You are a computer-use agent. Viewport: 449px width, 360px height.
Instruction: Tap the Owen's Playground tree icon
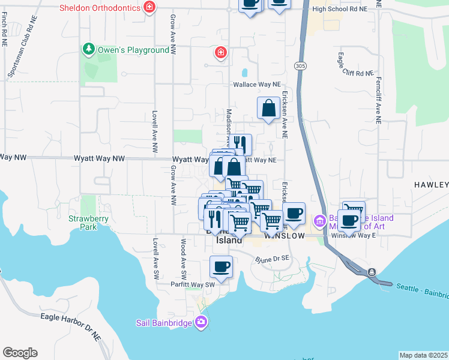click(x=89, y=49)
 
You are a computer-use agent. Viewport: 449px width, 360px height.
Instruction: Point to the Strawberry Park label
click(x=83, y=223)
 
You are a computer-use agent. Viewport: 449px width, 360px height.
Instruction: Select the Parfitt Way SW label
click(x=192, y=284)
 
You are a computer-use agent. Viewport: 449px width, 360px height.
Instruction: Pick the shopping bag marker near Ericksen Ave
click(x=268, y=109)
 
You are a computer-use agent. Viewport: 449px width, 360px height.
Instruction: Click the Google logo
click(x=20, y=353)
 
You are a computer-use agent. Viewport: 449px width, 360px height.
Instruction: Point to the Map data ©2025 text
click(x=424, y=355)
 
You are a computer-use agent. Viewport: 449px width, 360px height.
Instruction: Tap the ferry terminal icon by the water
click(x=373, y=272)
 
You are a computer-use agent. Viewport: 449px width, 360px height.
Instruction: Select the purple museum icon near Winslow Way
click(x=319, y=221)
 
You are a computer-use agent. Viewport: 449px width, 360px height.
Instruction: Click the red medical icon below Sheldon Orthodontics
click(x=221, y=52)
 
